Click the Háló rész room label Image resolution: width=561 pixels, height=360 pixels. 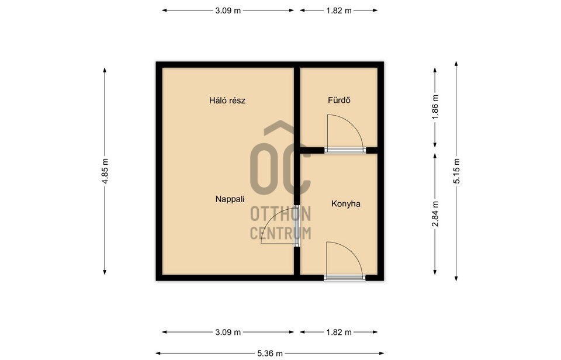[x=227, y=101]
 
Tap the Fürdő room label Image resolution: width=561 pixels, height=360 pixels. [x=339, y=100]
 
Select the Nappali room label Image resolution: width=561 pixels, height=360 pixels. [x=230, y=199]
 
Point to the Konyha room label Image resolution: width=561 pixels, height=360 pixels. [x=345, y=204]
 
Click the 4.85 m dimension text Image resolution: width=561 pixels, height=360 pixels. [x=105, y=171]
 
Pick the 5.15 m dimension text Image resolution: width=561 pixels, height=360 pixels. [x=456, y=171]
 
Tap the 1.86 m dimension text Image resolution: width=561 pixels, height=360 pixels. [x=435, y=108]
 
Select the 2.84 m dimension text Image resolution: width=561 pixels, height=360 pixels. [x=435, y=214]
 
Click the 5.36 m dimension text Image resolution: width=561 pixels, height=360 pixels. [x=270, y=354]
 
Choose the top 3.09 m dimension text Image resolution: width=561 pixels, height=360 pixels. [x=228, y=11]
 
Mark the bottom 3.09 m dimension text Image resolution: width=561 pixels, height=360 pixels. [x=228, y=332]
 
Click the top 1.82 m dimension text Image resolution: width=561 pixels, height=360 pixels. [x=339, y=11]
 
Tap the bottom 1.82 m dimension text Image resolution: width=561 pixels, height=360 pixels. [x=339, y=332]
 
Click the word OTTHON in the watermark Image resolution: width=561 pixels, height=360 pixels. [x=280, y=214]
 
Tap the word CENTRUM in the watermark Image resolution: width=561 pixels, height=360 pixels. [x=280, y=233]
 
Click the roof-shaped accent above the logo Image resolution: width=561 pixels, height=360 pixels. [x=280, y=128]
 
